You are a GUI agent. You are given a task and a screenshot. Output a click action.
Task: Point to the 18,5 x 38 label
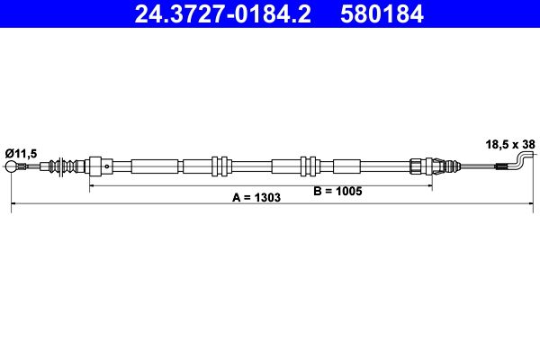[508, 142]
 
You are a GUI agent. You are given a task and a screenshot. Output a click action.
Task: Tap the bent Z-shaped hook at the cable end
[525, 161]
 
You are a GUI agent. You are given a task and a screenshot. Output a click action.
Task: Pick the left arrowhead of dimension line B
[91, 187]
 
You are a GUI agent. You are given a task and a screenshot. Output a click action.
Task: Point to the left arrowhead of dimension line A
[13, 208]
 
